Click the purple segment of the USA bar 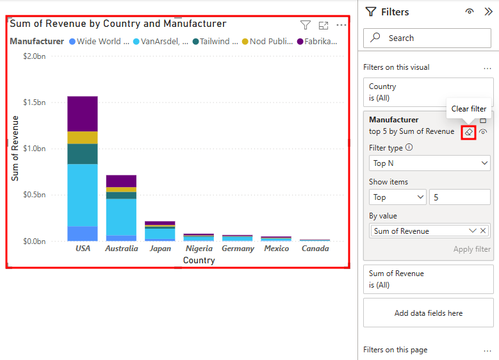coord(83,113)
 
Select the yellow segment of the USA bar coord(83,138)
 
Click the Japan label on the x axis coord(160,249)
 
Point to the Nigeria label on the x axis coord(199,249)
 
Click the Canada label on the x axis coord(315,249)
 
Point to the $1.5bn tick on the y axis coord(35,102)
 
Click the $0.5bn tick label coord(35,195)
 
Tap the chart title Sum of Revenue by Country coord(118,24)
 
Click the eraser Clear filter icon coord(468,132)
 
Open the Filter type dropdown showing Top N coord(430,163)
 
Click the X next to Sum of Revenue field coord(484,231)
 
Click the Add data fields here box coord(428,313)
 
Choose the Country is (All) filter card coord(428,92)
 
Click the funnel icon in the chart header coord(306,25)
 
